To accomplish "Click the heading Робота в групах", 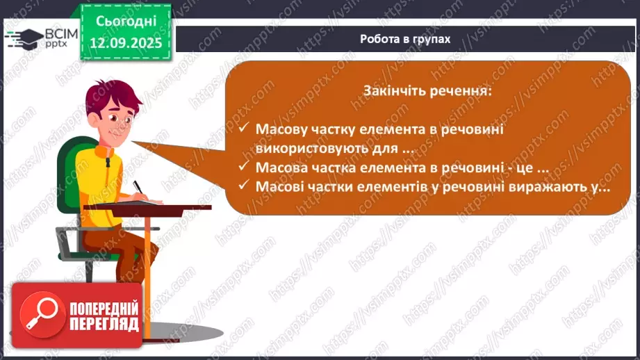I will click(405, 39).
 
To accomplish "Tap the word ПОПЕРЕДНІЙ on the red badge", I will click(104, 308).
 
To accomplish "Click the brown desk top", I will click(167, 208).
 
